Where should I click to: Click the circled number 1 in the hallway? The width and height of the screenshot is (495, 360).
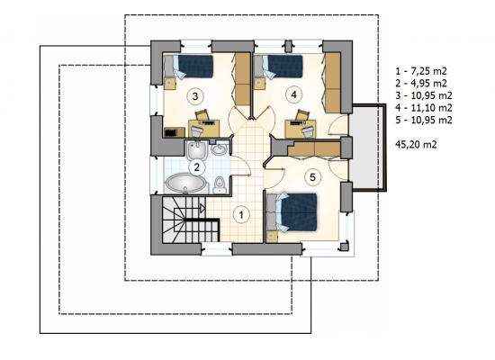241,215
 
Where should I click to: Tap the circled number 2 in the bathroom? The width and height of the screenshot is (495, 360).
197,166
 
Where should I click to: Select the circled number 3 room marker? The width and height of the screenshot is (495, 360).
195,96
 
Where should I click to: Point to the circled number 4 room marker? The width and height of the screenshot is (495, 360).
294,94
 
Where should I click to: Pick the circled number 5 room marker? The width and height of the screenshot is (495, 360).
312,176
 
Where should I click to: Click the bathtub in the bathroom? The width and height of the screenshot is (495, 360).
185,184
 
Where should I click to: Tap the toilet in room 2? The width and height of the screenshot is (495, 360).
219,185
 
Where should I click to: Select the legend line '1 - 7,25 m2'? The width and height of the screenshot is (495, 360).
421,71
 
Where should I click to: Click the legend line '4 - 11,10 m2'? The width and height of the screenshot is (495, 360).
424,108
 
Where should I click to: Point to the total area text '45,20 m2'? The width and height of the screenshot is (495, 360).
416,145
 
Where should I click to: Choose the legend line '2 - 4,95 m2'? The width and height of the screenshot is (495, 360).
421,84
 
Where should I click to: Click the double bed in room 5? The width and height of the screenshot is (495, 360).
292,211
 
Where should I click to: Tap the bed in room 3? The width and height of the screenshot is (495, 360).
189,66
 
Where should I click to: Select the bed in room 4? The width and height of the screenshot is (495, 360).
279,66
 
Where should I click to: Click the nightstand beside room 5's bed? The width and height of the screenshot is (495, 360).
272,237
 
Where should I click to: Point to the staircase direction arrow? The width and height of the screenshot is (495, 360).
202,208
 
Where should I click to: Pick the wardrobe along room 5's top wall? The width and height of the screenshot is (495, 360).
314,148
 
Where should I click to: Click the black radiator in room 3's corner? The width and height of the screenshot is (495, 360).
175,132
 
